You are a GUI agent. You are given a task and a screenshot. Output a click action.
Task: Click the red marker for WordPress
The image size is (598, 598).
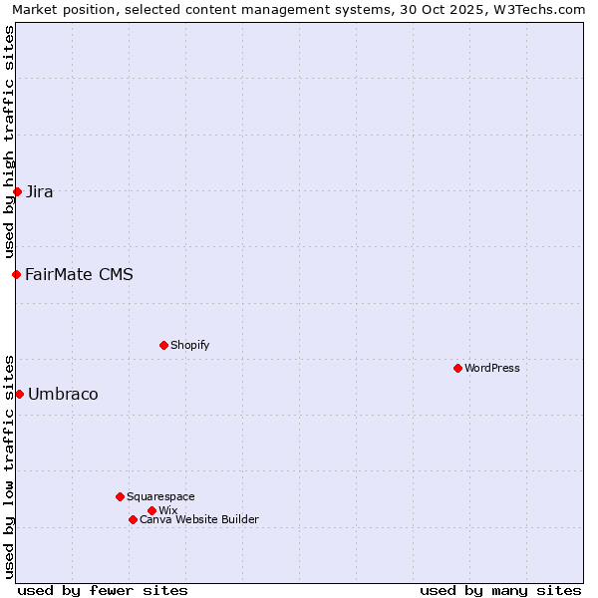457,368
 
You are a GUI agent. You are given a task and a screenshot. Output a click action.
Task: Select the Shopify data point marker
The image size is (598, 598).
163,345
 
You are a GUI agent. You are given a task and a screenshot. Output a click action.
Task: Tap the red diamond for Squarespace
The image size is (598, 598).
120,496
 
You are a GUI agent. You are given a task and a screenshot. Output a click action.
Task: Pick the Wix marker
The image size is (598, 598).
151,510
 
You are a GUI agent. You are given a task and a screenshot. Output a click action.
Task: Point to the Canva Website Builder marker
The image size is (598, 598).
133,519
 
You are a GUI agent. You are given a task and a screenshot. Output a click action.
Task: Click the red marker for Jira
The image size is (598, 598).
17,191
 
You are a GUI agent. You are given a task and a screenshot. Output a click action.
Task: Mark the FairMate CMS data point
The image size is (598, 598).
16,274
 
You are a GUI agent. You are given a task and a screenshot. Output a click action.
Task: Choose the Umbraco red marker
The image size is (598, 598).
19,394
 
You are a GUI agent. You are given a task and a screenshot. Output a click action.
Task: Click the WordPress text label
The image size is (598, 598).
492,368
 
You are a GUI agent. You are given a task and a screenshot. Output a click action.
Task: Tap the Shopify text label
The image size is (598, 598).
189,345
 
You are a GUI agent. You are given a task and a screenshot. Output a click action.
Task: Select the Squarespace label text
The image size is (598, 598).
160,496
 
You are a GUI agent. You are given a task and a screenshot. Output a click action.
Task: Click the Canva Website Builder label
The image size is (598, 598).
199,519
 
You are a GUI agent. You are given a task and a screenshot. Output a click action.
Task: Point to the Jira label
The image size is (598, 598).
40,191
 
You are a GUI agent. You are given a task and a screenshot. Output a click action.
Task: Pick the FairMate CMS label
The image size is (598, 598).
79,274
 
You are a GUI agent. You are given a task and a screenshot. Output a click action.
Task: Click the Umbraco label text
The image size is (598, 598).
63,394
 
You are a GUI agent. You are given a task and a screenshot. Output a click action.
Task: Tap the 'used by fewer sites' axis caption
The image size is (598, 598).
103,590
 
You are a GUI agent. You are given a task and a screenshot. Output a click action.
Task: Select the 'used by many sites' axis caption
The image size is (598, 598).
500,590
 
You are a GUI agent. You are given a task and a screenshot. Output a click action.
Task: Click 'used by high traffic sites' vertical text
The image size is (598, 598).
9,142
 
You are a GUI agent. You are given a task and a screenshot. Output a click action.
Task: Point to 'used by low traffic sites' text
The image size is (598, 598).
9,465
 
